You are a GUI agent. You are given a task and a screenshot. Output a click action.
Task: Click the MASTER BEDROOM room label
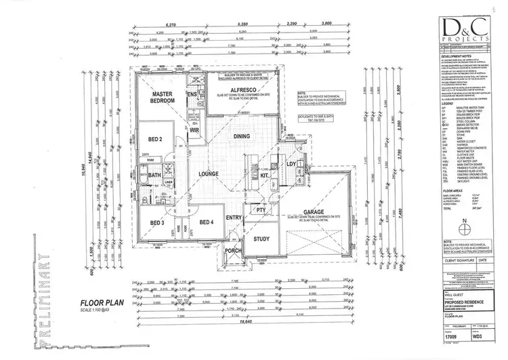(x=163, y=97)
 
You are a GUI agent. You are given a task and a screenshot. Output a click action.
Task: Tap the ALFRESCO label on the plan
(x=227, y=89)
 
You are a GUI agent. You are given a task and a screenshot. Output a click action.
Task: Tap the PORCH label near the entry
(x=234, y=250)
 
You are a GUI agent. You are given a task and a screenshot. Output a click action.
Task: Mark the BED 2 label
(x=154, y=140)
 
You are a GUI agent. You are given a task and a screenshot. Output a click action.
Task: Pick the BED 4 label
(x=207, y=222)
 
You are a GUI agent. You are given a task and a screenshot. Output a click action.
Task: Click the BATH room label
(x=154, y=176)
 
